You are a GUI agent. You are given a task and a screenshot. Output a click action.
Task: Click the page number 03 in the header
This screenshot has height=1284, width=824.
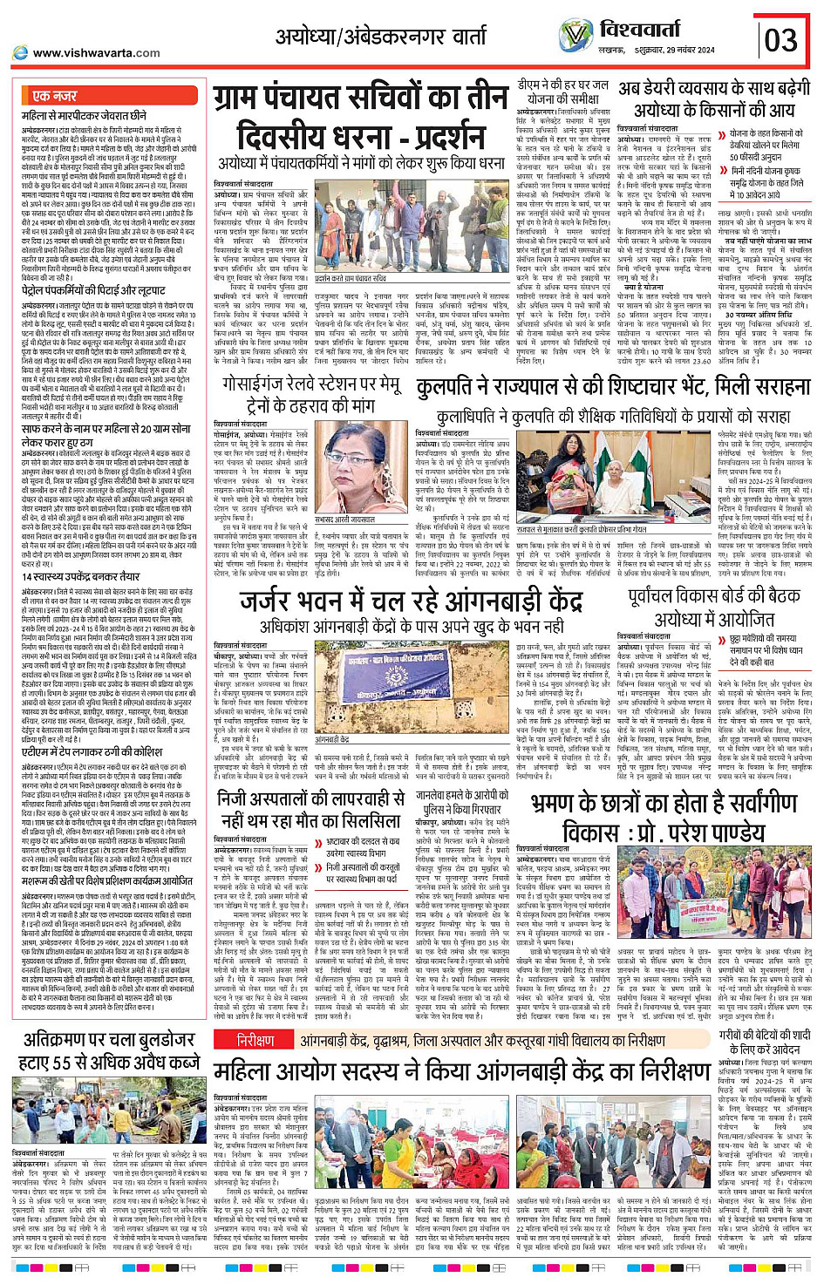(780, 39)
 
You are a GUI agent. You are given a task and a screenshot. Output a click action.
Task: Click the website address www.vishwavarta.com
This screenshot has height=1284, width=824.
(96, 53)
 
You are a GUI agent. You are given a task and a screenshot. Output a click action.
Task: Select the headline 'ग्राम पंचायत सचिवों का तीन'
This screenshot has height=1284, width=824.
(360, 99)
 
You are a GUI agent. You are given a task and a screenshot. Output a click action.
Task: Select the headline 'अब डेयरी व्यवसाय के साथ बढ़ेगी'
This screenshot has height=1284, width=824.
(714, 89)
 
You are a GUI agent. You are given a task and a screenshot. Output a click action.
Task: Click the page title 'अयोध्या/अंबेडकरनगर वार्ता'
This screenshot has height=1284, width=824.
(381, 36)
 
